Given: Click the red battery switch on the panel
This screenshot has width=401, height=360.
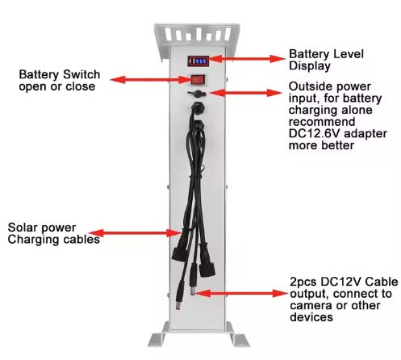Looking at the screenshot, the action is [x=198, y=80].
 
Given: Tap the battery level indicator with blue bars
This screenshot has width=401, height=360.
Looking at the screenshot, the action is [x=198, y=61].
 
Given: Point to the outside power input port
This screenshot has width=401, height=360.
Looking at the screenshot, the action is [x=197, y=94].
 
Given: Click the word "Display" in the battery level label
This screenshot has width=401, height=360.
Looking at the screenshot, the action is [x=310, y=66].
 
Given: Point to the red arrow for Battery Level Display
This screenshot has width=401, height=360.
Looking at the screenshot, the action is [x=246, y=59].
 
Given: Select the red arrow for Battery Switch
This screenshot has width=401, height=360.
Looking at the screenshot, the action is [x=151, y=80].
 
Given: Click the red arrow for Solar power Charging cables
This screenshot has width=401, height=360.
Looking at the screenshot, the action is [x=136, y=233].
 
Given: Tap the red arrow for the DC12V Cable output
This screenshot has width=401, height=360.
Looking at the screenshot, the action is [x=240, y=293].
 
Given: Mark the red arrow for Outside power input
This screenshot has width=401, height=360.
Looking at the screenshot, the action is [x=245, y=93].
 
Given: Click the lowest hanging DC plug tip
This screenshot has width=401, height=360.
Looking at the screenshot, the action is [x=178, y=306].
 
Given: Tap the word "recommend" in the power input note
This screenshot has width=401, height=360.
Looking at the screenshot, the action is [x=322, y=122].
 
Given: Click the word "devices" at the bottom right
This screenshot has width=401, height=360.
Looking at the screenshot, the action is [x=311, y=317].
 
